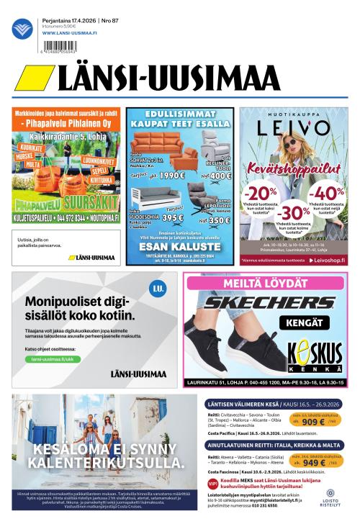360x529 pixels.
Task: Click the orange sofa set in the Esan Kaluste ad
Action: [x=160, y=145]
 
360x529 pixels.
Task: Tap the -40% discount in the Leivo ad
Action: [x=328, y=193]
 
